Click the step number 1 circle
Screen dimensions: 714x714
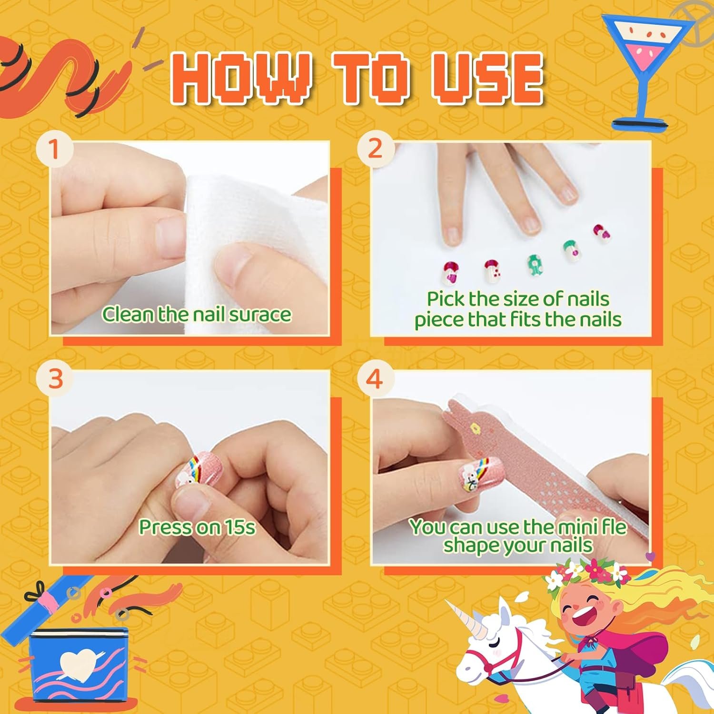tap(54, 149)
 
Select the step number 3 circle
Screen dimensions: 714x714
tap(55, 379)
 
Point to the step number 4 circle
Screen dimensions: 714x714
tap(375, 379)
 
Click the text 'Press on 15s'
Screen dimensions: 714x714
tap(197, 527)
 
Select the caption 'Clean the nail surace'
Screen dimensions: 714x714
tap(197, 314)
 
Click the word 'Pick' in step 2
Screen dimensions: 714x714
tap(445, 299)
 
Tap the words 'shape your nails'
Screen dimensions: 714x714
tap(518, 545)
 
